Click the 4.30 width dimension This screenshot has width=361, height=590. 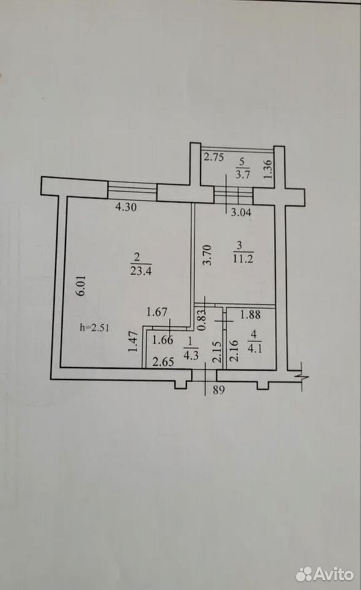(126, 207)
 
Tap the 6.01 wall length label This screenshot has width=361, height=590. (82, 286)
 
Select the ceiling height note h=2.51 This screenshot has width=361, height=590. (95, 328)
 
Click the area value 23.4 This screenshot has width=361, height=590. (141, 270)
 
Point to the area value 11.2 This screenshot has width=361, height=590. (243, 259)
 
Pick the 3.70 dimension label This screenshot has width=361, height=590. (207, 255)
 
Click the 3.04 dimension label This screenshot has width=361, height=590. (241, 213)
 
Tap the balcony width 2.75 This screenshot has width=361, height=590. (214, 157)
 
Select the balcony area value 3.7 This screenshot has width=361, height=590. (243, 174)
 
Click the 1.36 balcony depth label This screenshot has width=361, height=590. (268, 169)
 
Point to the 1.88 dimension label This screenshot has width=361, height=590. (250, 314)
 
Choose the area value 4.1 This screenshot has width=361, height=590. (255, 348)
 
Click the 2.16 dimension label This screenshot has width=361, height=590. (234, 351)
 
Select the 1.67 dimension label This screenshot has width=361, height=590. (157, 312)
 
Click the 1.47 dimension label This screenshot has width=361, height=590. (133, 342)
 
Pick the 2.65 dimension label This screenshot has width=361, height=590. (163, 362)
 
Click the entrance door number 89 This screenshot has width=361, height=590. (219, 390)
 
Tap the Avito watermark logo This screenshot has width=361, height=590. (324, 574)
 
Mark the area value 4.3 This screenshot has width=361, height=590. (191, 355)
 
